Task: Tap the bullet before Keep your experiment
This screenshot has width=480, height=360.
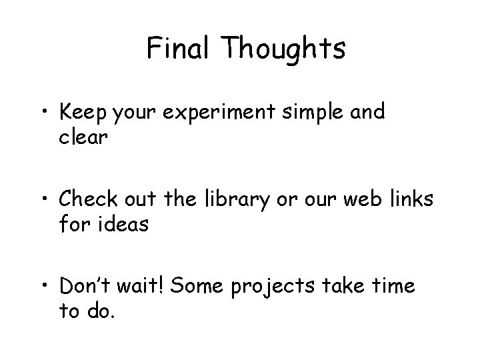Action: pos(44,112)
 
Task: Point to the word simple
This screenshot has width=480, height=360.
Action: pos(312,112)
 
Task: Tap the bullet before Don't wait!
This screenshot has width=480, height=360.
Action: pos(44,287)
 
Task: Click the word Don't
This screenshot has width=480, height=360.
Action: pos(87,287)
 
